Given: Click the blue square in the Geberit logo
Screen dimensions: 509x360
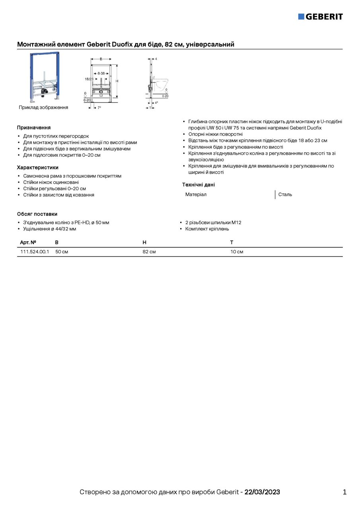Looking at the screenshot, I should pyautogui.click(x=301, y=16).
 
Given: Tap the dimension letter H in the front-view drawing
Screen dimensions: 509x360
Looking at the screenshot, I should pyautogui.click(x=117, y=81).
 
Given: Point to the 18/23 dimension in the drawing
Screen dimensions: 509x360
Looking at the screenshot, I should pyautogui.click(x=89, y=79).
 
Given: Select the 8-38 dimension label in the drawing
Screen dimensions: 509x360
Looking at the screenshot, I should pyautogui.click(x=101, y=74).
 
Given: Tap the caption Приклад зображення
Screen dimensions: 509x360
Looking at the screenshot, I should pyautogui.click(x=43, y=107).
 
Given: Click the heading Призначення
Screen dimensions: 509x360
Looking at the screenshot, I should pyautogui.click(x=34, y=128).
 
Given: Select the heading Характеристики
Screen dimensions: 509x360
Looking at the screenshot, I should pyautogui.click(x=38, y=167).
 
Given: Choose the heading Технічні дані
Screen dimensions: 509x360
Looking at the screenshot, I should pyautogui.click(x=198, y=185).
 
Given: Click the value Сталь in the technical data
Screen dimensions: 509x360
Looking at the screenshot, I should pyautogui.click(x=285, y=194).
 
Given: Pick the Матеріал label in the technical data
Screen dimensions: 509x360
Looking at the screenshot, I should pyautogui.click(x=196, y=194).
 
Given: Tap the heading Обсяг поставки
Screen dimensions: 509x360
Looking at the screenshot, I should pyautogui.click(x=37, y=214).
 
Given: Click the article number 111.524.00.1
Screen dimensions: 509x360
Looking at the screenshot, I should pyautogui.click(x=35, y=252).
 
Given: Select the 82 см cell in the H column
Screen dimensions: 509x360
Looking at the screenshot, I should pyautogui.click(x=149, y=252).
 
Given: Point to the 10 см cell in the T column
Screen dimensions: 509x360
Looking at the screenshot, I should pyautogui.click(x=237, y=252).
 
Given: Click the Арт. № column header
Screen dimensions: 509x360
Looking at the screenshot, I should pyautogui.click(x=28, y=242).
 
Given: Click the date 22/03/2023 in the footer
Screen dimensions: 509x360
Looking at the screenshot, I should pyautogui.click(x=262, y=492).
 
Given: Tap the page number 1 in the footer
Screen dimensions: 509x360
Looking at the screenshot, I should pyautogui.click(x=344, y=492).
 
